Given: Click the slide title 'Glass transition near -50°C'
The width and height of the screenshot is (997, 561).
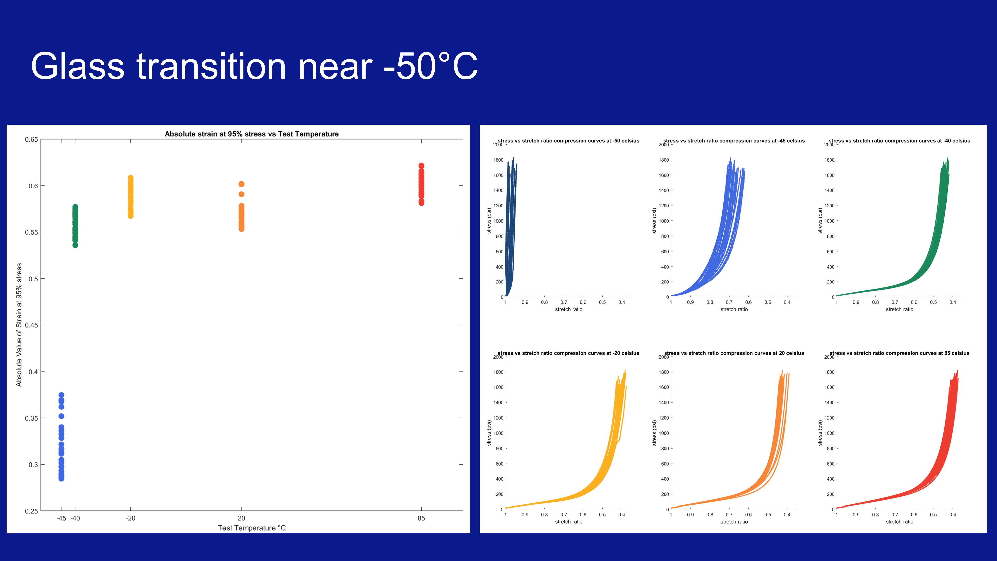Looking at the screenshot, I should (x=254, y=66).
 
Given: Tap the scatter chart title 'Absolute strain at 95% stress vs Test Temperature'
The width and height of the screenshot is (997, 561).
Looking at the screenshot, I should (x=251, y=134).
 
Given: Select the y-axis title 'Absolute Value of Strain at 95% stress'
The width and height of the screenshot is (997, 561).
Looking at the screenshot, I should (x=19, y=325).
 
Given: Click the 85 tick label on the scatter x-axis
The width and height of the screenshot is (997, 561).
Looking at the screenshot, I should (x=421, y=518).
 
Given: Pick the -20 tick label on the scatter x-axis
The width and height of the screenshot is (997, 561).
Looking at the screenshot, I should (x=130, y=518).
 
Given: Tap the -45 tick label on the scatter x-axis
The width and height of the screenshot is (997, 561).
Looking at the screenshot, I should (x=61, y=518).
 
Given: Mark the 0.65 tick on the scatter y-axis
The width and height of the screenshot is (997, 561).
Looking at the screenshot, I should (x=31, y=139).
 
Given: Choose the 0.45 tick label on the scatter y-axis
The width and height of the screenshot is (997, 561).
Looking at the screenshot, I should (x=31, y=325).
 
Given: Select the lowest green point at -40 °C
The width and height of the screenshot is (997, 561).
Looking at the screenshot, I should (x=75, y=245).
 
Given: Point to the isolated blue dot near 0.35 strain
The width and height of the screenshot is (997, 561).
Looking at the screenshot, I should (x=61, y=416).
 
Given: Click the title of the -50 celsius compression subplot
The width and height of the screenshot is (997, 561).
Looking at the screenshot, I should (x=568, y=141).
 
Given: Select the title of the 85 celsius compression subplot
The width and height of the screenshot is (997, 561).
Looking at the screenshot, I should (x=899, y=353).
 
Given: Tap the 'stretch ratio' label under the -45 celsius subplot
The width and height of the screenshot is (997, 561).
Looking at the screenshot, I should (x=734, y=309).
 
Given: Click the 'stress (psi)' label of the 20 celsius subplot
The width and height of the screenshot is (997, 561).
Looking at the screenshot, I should (x=654, y=433).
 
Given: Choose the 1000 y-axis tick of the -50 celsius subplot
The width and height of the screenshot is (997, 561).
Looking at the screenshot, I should (x=498, y=221).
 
